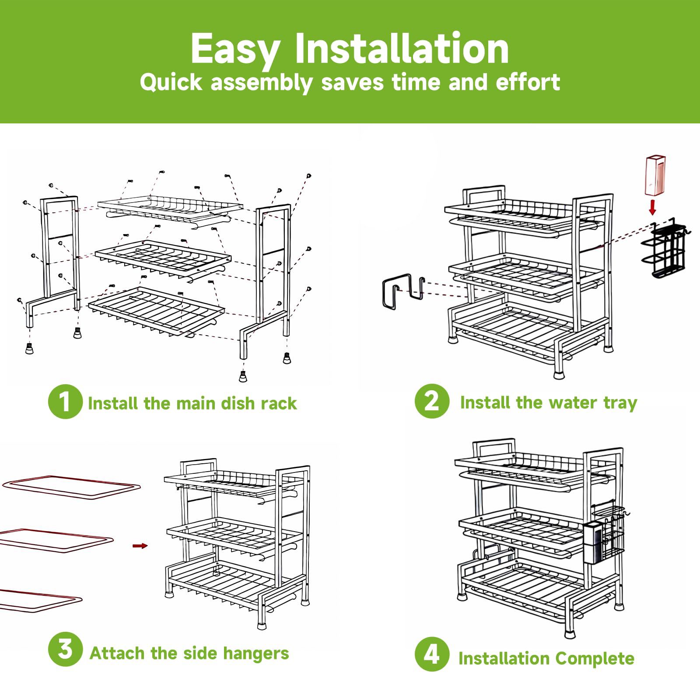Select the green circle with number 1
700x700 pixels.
[x=65, y=402]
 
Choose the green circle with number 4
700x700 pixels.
[x=432, y=654]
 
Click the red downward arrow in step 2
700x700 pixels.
[x=652, y=207]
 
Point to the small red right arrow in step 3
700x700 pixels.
[x=140, y=546]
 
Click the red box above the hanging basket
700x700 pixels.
[x=655, y=175]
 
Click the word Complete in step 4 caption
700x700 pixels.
[x=595, y=658]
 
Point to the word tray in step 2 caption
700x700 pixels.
[x=620, y=403]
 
